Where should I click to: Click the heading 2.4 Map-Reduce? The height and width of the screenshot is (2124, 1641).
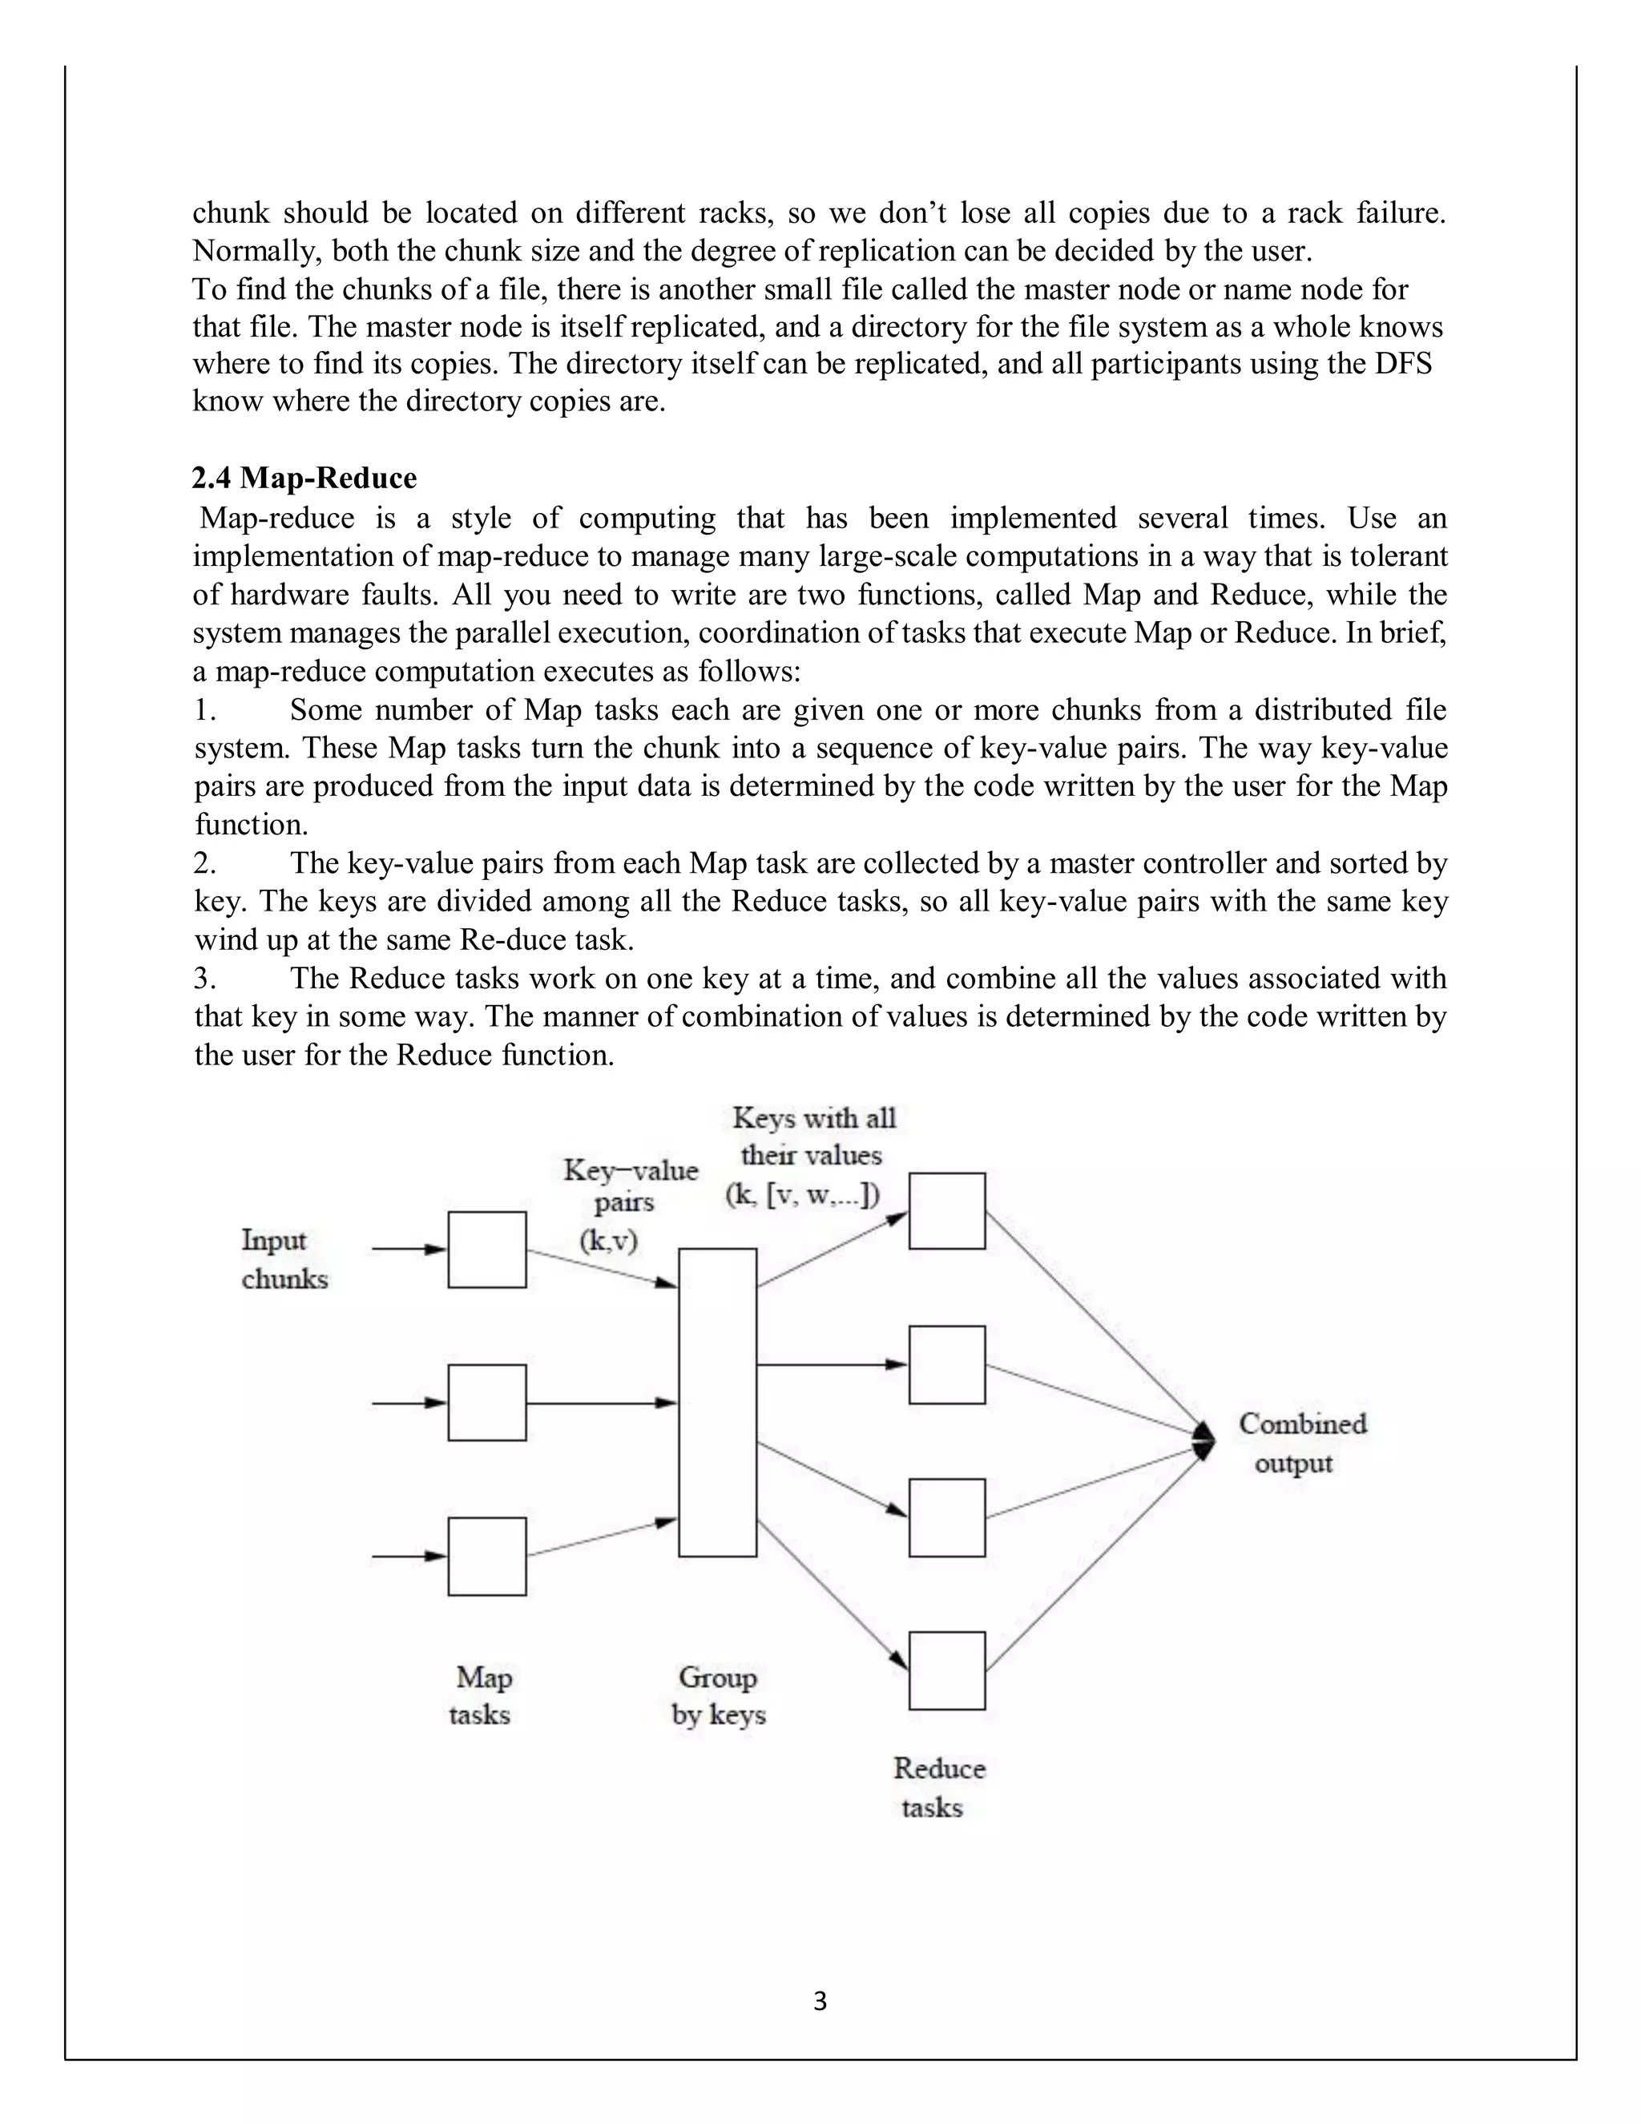(x=304, y=478)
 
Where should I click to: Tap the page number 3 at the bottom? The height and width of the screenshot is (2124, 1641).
(x=820, y=2001)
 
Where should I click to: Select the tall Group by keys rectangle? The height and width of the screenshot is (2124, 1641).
(x=717, y=1403)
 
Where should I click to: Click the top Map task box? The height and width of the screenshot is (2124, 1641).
(x=487, y=1250)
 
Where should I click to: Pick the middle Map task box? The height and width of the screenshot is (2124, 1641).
(x=487, y=1403)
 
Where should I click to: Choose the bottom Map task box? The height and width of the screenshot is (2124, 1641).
(x=487, y=1556)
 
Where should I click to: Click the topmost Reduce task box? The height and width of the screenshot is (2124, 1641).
(x=947, y=1211)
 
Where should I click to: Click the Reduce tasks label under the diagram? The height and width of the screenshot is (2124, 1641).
(x=937, y=1787)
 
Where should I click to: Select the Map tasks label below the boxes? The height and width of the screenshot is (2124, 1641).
(x=482, y=1695)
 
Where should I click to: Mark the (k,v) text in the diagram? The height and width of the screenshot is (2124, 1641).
(x=609, y=1241)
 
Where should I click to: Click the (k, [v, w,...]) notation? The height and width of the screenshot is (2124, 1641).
(x=803, y=1195)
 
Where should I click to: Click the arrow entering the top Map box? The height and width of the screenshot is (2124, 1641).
(x=409, y=1250)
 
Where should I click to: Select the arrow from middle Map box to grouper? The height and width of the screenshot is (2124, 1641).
(x=601, y=1403)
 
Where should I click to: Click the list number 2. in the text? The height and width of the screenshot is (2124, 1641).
(x=204, y=863)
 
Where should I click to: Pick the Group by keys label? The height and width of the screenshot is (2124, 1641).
(x=719, y=1695)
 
